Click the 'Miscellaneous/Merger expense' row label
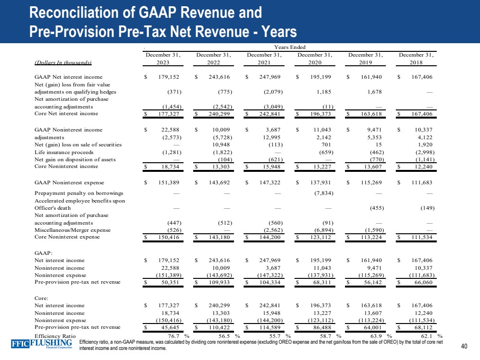[73, 230]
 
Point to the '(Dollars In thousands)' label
[63, 62]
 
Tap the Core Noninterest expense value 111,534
[421, 238]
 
